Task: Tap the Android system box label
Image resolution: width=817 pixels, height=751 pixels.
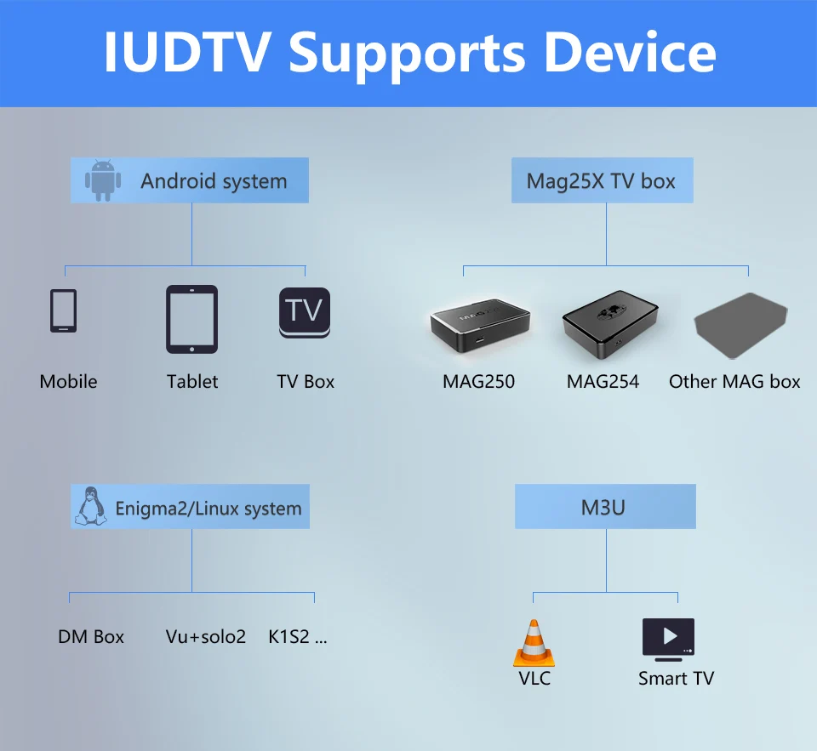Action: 214,181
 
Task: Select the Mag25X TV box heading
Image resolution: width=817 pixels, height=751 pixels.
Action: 601,180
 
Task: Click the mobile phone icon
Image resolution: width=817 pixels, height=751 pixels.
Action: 63,310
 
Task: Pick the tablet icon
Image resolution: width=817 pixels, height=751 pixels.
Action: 191,319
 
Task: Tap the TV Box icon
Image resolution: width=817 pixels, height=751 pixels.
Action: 305,312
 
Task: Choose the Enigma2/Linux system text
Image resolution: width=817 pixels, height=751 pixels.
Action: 209,509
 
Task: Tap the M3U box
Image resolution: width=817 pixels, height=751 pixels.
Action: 604,507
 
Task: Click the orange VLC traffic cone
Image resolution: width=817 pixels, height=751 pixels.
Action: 534,643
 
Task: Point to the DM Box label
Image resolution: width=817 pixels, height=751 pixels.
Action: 91,636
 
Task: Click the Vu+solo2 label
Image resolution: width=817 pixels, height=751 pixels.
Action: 206,636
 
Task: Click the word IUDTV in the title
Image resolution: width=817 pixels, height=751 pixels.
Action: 190,53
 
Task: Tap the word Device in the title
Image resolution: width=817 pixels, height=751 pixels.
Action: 630,53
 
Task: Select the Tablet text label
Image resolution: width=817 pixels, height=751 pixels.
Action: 192,381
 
